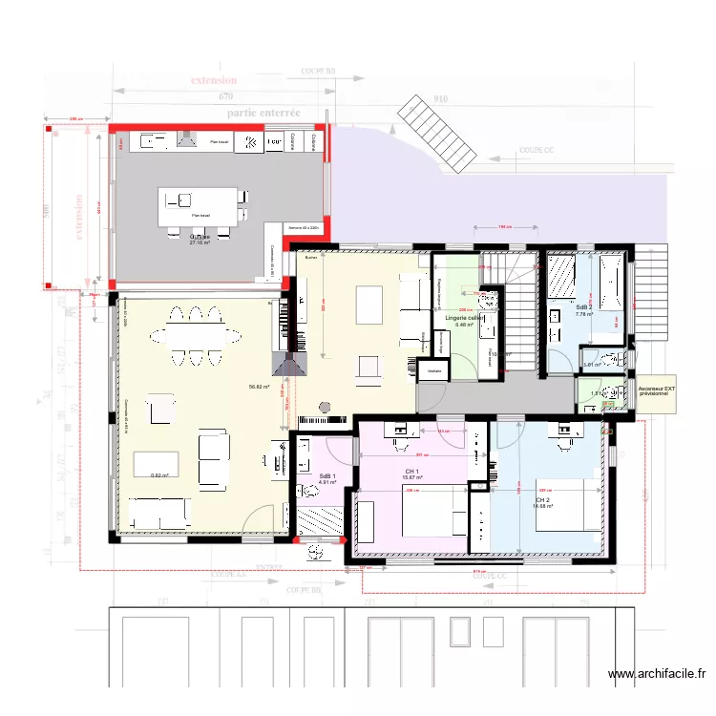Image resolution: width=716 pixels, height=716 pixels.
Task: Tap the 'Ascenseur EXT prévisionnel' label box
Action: click(654, 393)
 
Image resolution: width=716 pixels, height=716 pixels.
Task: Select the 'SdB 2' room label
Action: click(583, 306)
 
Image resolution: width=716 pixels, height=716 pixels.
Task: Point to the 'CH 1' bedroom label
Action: click(412, 472)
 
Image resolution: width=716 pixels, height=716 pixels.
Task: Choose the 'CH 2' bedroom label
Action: click(542, 500)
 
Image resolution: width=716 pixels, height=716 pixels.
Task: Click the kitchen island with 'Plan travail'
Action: click(199, 205)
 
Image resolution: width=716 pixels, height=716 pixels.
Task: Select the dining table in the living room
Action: click(196, 335)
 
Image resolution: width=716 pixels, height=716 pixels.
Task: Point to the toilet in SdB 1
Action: click(308, 493)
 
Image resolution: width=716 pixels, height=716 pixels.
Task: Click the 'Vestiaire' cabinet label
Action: click(434, 370)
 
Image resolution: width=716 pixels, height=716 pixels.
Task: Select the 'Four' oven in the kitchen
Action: click(274, 142)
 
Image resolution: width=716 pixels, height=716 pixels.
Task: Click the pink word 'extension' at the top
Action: click(213, 81)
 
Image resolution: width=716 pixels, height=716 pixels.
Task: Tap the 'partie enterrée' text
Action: click(263, 113)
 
